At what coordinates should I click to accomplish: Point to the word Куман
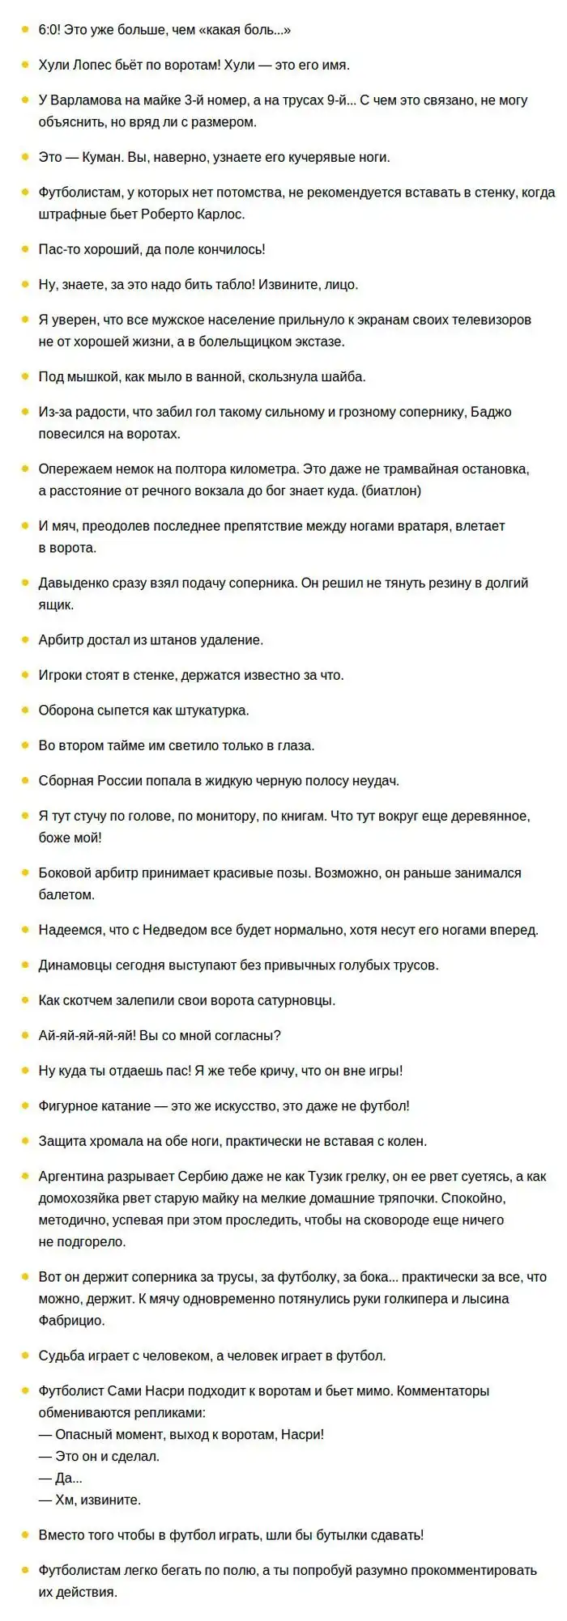click(103, 157)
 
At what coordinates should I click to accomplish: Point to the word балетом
click(66, 894)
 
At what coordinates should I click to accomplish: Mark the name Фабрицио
click(71, 1320)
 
